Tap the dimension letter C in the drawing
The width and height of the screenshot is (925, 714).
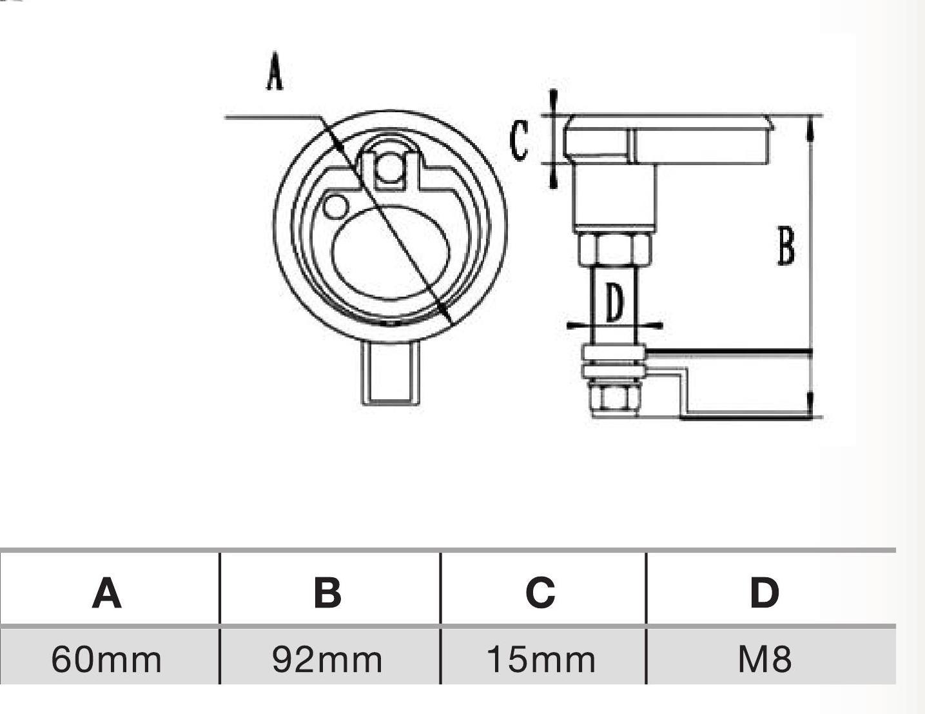coord(519,140)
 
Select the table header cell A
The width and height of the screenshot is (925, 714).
coord(107,592)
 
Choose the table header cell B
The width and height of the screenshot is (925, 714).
coord(327,592)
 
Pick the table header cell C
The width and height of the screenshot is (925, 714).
coord(540,592)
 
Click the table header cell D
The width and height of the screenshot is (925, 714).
coord(764,592)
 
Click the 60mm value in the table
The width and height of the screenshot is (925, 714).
coord(106,659)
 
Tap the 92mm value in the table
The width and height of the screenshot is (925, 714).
coord(327,659)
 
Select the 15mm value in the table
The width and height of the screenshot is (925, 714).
coord(541,659)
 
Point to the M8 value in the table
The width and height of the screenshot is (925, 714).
coord(764,659)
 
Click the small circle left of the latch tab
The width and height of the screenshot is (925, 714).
coord(335,206)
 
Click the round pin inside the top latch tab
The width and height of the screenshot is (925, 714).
coord(389,168)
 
